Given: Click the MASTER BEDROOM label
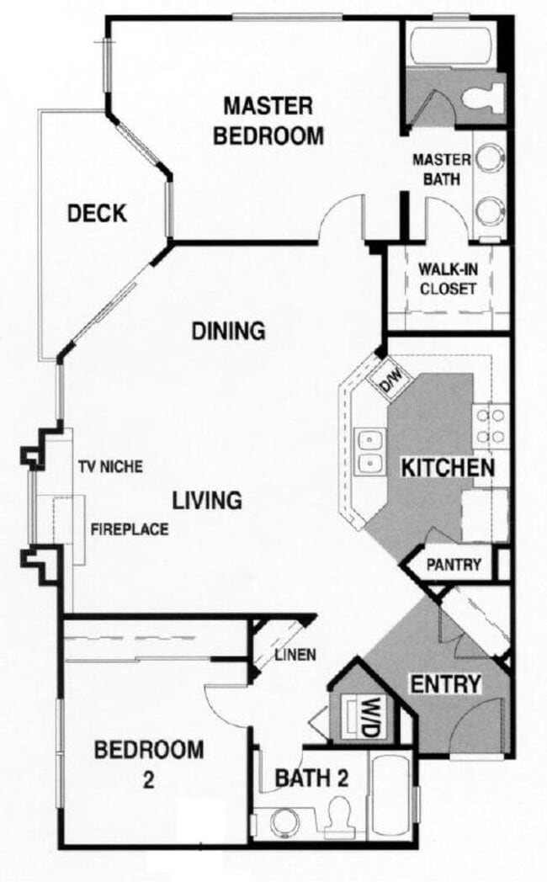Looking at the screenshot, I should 268,120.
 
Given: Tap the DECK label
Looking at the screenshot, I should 97,214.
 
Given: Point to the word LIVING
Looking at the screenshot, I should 207,500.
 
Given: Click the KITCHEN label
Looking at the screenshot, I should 446,468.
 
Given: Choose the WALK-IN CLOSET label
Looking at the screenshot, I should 447,279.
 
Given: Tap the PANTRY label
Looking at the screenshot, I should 454,565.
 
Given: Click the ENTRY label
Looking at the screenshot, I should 445,684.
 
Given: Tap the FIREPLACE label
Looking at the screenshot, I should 130,529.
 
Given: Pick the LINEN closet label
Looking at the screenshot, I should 295,655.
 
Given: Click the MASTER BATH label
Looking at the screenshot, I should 433,167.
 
